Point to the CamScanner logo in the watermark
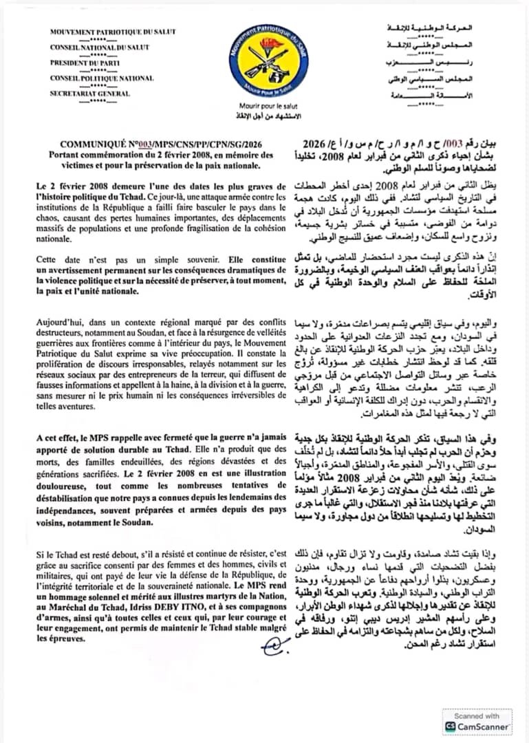(451, 726)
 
